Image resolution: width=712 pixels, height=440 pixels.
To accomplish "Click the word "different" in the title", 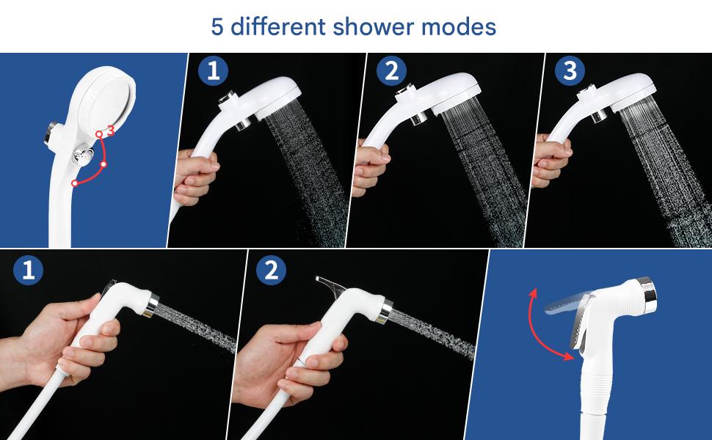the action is (278, 26).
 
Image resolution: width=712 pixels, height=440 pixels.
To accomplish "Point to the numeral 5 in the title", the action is (217, 26).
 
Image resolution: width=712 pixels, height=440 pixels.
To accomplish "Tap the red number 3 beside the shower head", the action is (110, 131).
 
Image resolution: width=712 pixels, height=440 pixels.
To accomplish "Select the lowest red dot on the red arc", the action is (75, 183).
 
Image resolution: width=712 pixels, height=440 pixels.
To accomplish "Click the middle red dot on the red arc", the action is (103, 164).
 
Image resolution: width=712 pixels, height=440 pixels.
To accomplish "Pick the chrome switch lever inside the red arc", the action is (83, 155).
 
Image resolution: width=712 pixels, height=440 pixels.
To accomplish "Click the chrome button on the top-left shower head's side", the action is (50, 133).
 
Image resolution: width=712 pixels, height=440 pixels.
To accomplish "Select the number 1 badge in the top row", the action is (213, 70).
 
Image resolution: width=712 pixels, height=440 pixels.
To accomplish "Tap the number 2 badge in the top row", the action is (391, 70).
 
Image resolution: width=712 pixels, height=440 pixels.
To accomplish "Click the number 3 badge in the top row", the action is (570, 70).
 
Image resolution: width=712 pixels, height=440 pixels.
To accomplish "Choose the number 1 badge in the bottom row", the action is (28, 270).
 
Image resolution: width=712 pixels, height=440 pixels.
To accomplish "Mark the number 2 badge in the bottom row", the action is (271, 270).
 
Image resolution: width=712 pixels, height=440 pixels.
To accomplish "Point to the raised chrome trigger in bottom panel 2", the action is (330, 287).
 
